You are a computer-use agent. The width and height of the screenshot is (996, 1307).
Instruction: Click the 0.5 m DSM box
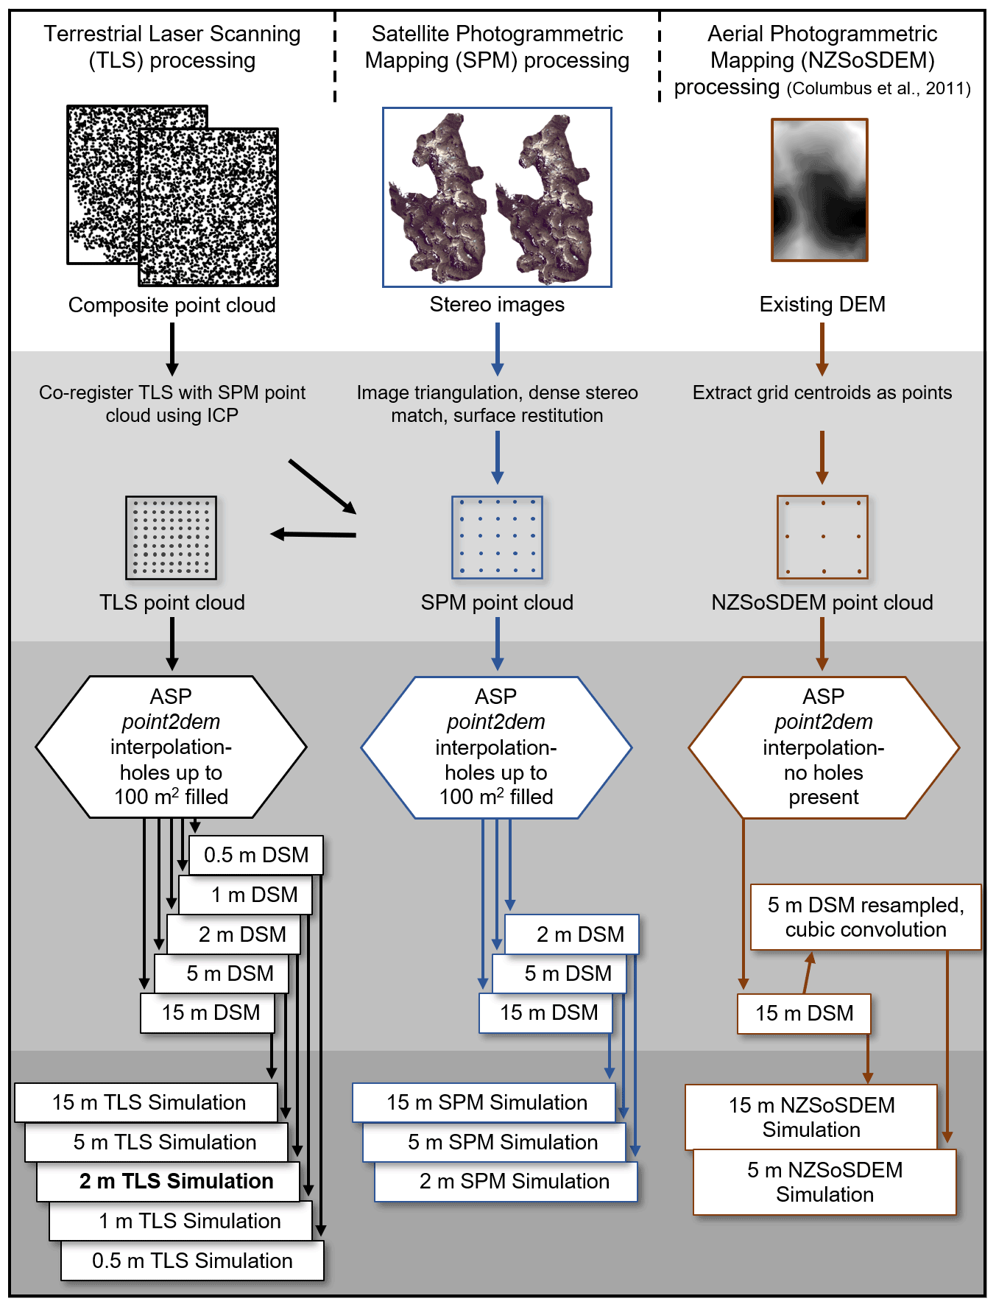[x=256, y=855]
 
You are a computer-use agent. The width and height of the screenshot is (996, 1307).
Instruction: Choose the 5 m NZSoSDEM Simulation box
[x=824, y=1182]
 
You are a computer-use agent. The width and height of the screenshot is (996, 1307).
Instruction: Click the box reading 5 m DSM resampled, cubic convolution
[x=866, y=917]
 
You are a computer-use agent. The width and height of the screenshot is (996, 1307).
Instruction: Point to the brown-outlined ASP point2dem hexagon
[x=824, y=747]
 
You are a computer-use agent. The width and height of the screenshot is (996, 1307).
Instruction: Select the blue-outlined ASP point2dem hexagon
[x=496, y=747]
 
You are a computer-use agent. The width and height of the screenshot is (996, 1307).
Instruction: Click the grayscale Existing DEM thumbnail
[x=819, y=190]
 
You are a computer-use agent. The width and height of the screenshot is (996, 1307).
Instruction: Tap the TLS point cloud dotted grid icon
[x=172, y=538]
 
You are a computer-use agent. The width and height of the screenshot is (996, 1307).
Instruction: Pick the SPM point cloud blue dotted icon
[x=497, y=538]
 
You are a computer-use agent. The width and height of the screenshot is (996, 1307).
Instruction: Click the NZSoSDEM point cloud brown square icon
[x=822, y=538]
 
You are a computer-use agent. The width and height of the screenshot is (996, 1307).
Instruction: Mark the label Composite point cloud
[x=172, y=305]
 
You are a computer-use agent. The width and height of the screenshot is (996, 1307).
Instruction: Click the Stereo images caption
[x=497, y=304]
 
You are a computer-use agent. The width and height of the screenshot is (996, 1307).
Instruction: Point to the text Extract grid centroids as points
[x=822, y=392]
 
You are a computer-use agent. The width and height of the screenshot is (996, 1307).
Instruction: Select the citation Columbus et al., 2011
[x=879, y=88]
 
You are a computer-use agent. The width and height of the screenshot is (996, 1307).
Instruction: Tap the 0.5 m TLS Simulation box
[x=192, y=1261]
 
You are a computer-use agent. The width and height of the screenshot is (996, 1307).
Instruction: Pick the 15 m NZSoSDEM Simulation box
[x=811, y=1117]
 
